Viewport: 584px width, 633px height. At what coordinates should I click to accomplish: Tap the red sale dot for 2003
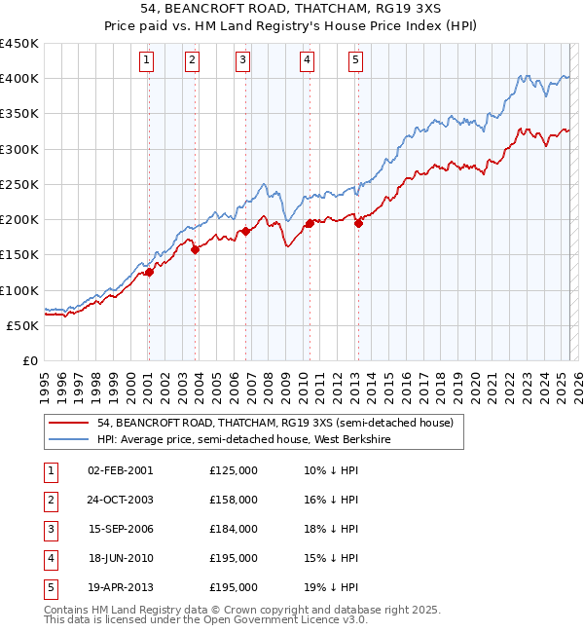[x=195, y=249]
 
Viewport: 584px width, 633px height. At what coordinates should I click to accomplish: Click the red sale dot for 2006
[x=245, y=231]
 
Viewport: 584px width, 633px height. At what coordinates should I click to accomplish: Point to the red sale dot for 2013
[x=358, y=223]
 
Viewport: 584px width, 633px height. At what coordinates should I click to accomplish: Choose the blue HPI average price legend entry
[x=257, y=440]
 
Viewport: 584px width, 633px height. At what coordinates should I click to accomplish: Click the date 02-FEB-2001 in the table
[x=120, y=470]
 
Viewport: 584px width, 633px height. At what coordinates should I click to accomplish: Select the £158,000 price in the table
[x=234, y=500]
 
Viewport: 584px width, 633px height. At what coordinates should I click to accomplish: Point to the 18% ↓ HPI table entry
[x=331, y=529]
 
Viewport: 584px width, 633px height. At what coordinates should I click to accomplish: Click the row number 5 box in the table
[x=49, y=587]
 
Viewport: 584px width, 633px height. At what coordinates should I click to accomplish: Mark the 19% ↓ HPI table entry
[x=331, y=587]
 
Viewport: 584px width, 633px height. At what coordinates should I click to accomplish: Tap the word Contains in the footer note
[x=69, y=610]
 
